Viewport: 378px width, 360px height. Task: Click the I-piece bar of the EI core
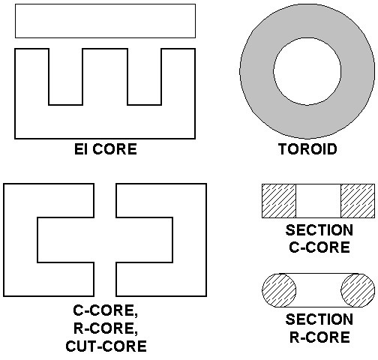(105, 21)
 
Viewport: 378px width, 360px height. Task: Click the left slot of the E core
(65, 76)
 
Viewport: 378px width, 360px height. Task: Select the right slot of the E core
(145, 76)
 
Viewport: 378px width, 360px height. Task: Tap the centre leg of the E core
(105, 76)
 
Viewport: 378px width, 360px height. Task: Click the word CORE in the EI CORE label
(115, 149)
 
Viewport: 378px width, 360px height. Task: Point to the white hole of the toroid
(307, 71)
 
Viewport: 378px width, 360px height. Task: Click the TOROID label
(307, 149)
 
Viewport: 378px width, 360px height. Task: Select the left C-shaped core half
(20, 240)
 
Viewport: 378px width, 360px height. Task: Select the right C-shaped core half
(190, 240)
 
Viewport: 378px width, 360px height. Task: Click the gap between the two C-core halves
(105, 240)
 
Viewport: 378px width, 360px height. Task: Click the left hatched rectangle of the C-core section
(279, 201)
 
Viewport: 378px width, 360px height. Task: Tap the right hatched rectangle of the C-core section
(358, 201)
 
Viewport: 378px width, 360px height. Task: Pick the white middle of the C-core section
(319, 201)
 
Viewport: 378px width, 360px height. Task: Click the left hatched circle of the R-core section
(279, 290)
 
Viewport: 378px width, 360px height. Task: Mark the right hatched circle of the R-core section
(358, 290)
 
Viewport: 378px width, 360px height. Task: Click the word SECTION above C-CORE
(319, 230)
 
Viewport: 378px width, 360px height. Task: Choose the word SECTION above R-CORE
(319, 319)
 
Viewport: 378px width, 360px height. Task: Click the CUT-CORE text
(106, 346)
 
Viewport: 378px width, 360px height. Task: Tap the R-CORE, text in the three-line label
(106, 328)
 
